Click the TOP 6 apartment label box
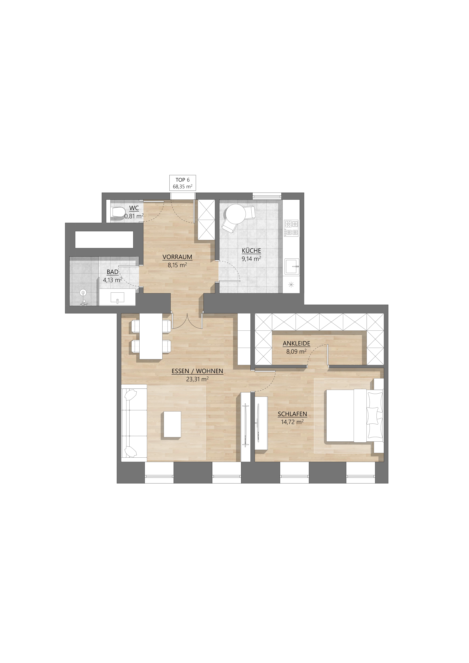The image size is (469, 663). point(182,183)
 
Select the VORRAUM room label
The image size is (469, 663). point(177,257)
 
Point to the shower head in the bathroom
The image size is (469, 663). point(83,293)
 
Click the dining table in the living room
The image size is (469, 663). point(151,336)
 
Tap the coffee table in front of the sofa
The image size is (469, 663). point(172,424)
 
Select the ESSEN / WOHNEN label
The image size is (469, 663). point(197,371)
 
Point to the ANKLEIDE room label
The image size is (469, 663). point(296,343)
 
